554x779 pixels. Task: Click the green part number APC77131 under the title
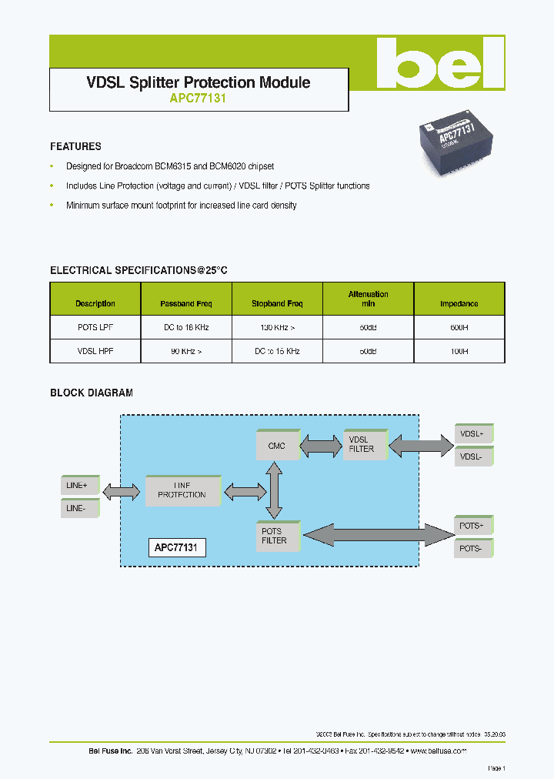tap(198, 99)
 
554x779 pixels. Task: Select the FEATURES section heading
tap(75, 146)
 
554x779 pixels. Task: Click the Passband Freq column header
tap(185, 303)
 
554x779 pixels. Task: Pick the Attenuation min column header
tap(368, 299)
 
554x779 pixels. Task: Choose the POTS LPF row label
tap(95, 327)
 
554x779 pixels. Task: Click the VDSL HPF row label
tap(95, 351)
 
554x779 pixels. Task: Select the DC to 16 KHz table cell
tap(185, 327)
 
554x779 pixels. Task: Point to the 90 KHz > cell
tap(185, 351)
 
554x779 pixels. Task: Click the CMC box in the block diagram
tap(277, 446)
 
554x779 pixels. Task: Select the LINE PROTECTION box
tap(182, 490)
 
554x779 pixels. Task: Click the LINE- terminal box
tap(80, 509)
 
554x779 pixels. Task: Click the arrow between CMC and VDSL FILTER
tap(321, 444)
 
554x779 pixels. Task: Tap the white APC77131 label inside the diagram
tap(176, 548)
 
